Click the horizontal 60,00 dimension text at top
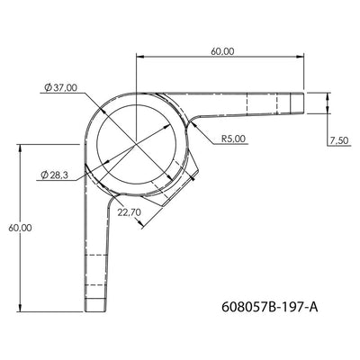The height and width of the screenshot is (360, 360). (x=222, y=52)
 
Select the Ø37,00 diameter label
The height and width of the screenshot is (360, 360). (x=59, y=87)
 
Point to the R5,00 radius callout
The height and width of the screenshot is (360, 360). (x=234, y=139)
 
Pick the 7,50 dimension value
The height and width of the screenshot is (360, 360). (x=337, y=141)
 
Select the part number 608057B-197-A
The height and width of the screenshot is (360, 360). (x=269, y=308)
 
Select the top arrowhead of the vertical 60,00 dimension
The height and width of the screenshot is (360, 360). (x=20, y=147)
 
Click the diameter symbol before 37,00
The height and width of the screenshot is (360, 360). (x=45, y=87)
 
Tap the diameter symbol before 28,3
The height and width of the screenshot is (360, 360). (x=44, y=175)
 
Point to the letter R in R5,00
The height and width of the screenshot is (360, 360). (x=223, y=139)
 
